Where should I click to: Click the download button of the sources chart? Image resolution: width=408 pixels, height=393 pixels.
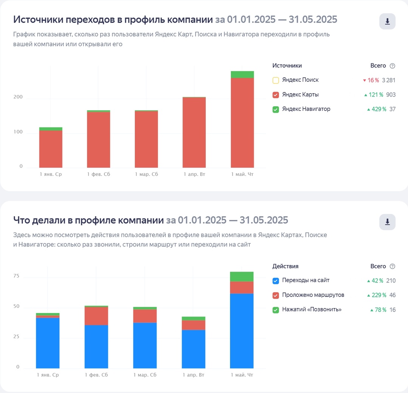387,21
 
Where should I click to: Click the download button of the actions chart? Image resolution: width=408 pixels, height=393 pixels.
387,222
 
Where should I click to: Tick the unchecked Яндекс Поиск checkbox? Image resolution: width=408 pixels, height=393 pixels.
276,80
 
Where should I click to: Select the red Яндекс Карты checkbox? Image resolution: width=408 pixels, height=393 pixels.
276,95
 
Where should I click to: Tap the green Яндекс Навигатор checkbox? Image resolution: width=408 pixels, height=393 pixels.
276,109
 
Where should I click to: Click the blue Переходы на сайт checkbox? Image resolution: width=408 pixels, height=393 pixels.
276,281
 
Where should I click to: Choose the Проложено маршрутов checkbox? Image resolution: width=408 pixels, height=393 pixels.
276,295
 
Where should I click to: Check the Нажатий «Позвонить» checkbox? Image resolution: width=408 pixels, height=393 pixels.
276,310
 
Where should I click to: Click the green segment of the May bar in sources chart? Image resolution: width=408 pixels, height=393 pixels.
242,74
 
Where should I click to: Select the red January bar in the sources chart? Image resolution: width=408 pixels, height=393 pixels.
51,149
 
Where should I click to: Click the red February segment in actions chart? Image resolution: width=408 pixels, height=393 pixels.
96,316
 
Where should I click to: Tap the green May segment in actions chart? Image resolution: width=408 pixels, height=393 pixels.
241,276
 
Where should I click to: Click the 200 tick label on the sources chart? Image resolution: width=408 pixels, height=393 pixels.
19,97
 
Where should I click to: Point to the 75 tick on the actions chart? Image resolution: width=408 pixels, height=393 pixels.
16,276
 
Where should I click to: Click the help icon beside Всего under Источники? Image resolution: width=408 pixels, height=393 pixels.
392,66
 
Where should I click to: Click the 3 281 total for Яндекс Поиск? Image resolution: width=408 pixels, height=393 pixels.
388,80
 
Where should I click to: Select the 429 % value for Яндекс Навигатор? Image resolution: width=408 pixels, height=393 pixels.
377,109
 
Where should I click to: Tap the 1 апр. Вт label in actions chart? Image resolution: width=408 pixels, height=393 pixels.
193,375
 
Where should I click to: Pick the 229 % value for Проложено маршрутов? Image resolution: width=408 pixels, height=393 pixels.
377,295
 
